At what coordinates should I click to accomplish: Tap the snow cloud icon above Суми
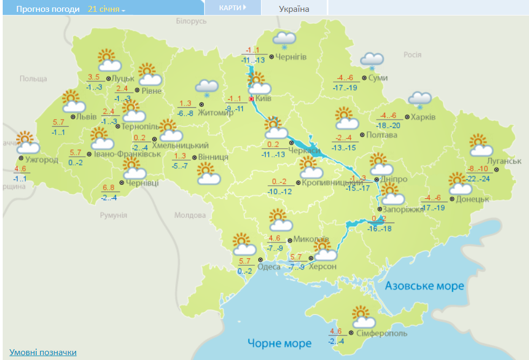coord(372,61)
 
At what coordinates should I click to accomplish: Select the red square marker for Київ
coord(251,99)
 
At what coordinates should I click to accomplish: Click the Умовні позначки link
coord(43,352)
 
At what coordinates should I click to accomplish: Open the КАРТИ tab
coord(232,8)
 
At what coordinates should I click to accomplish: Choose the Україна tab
coord(294,9)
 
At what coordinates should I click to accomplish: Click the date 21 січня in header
coord(104,9)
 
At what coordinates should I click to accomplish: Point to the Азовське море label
coord(424,286)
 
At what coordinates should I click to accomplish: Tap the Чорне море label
coord(279,343)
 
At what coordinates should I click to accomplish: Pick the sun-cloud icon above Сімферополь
coord(363,317)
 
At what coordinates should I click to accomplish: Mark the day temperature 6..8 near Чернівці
coord(108,188)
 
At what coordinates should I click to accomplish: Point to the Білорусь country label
coord(191,20)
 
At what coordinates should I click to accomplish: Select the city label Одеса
coord(269,267)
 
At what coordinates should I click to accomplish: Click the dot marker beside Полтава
coord(362,135)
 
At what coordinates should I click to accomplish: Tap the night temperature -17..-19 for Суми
coord(345,87)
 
